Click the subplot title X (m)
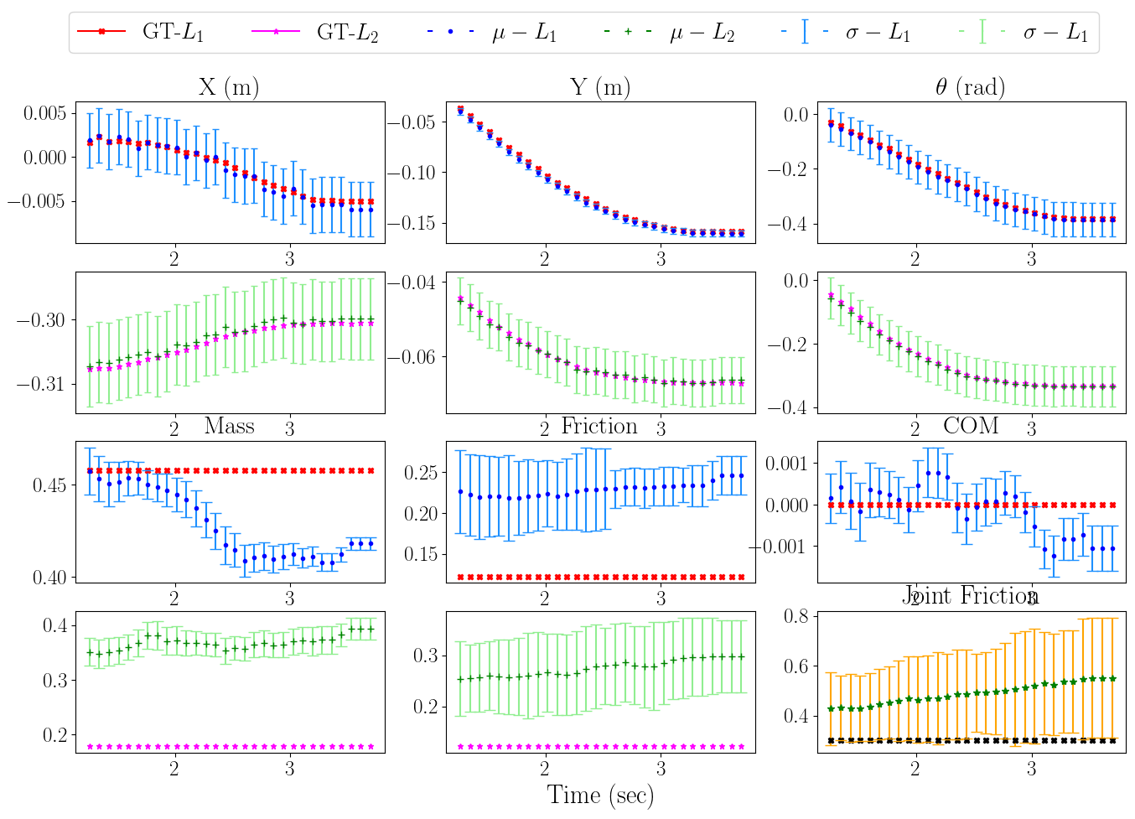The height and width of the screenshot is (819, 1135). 229,87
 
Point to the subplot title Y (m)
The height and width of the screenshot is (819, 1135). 599,87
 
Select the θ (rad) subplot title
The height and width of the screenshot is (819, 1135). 970,87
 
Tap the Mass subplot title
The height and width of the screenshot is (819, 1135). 229,426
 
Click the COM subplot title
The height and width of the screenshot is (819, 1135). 970,426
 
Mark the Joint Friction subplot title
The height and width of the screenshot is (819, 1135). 972,595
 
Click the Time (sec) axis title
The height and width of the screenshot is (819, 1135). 600,795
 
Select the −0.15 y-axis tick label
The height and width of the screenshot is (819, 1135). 411,223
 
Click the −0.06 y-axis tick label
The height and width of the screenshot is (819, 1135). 411,357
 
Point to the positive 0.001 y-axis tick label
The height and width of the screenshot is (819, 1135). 790,463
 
